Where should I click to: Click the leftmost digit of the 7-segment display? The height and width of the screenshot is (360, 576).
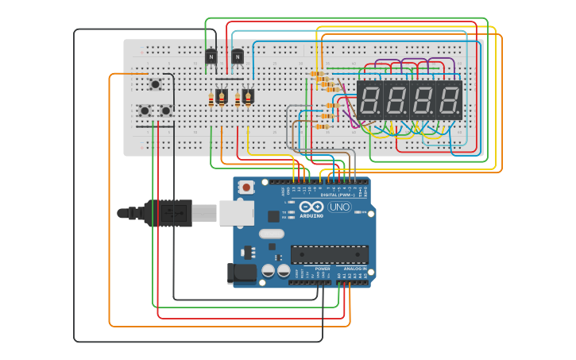(369, 100)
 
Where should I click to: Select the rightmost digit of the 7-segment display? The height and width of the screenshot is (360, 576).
(449, 100)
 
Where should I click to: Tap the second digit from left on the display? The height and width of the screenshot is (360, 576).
(396, 100)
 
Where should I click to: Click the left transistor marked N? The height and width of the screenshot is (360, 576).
(211, 56)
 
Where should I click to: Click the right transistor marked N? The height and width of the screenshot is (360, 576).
(238, 56)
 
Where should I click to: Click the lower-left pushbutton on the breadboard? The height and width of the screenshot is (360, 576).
(145, 110)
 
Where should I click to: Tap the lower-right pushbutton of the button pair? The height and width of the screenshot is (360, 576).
(166, 110)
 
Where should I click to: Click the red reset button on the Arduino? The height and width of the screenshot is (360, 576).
(246, 187)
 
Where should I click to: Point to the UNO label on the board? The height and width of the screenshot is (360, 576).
(339, 207)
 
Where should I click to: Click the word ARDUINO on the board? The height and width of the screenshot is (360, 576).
(311, 215)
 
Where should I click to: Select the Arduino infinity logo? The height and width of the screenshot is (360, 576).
(311, 206)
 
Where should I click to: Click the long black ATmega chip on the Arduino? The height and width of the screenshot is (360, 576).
(329, 254)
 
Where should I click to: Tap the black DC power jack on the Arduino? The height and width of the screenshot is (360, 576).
(242, 273)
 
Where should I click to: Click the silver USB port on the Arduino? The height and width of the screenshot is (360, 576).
(237, 212)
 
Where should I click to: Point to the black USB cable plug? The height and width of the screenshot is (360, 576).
(168, 213)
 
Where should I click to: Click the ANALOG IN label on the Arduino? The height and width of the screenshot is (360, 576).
(354, 269)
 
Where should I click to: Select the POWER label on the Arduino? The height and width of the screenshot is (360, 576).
(322, 269)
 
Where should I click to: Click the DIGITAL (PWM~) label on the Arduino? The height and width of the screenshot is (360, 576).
(338, 194)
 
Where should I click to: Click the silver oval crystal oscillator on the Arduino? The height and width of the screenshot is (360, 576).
(271, 234)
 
